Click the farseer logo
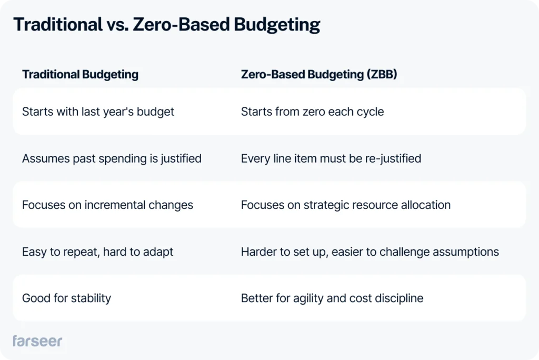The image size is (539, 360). click(x=37, y=341)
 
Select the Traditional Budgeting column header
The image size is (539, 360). click(x=80, y=74)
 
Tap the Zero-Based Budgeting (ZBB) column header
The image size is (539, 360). click(x=319, y=74)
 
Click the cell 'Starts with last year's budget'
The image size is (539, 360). click(x=98, y=112)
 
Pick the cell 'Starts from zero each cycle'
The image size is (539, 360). click(x=312, y=112)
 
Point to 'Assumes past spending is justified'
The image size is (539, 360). click(x=112, y=158)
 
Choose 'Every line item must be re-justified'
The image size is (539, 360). click(x=331, y=158)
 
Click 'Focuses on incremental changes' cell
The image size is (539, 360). click(x=107, y=205)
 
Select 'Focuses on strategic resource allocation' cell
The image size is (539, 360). click(x=346, y=205)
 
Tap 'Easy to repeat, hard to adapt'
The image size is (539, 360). click(x=97, y=252)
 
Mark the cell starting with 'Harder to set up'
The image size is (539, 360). click(x=370, y=252)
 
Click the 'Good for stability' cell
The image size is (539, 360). click(x=67, y=298)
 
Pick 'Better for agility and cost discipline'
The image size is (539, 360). click(x=332, y=298)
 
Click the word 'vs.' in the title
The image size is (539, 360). click(x=118, y=25)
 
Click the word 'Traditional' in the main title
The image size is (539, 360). click(x=58, y=25)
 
